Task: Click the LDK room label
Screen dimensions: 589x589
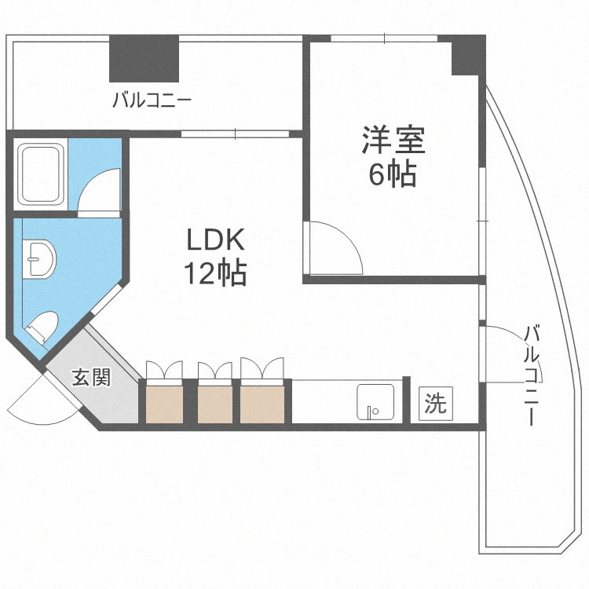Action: tap(216, 240)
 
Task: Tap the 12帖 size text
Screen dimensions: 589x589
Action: tap(215, 273)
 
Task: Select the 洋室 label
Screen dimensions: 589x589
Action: tap(393, 140)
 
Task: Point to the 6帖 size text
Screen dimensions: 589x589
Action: tap(393, 174)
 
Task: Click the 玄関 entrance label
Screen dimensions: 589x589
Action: tap(92, 377)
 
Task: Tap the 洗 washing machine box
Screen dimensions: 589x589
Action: tap(436, 403)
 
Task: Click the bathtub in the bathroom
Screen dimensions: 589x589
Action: tap(41, 174)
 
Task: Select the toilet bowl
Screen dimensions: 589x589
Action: tap(42, 326)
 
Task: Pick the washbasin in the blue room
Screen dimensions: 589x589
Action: tap(38, 259)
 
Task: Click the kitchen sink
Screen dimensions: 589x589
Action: tap(375, 401)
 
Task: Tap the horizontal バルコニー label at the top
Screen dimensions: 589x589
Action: tap(152, 101)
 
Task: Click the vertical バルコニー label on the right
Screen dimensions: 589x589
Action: tap(532, 375)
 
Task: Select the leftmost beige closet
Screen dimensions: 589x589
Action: tap(164, 404)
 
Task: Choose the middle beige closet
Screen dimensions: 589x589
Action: tap(215, 404)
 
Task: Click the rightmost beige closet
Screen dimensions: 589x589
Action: tap(262, 404)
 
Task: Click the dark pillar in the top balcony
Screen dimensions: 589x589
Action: tap(144, 59)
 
